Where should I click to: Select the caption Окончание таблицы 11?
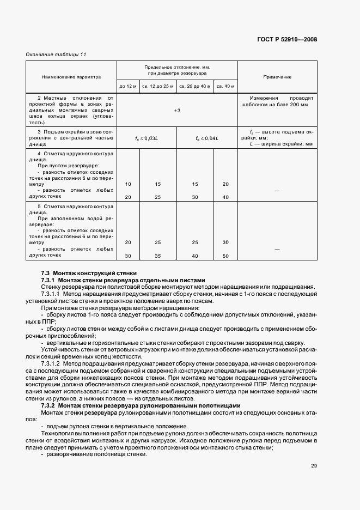point(56,54)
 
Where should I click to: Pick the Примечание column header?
point(277,77)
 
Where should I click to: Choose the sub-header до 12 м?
point(128,86)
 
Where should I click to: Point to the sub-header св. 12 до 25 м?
point(158,86)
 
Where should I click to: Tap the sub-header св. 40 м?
point(225,86)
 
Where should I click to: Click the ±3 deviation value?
point(177,111)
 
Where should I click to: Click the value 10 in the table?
point(128,184)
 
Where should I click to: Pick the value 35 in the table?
point(158,256)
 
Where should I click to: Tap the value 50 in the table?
point(225,256)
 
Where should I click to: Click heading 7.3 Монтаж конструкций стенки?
point(89,272)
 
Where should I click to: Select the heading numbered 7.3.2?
point(140,406)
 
